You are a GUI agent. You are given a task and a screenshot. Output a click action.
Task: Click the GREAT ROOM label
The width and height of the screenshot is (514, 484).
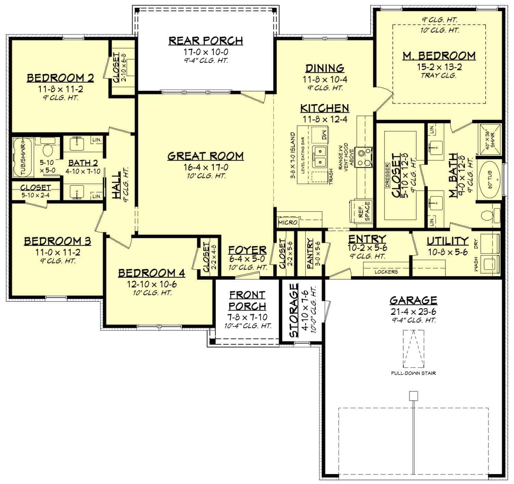click(x=206, y=156)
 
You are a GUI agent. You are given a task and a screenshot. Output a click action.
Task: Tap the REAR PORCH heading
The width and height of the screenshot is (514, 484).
click(x=206, y=40)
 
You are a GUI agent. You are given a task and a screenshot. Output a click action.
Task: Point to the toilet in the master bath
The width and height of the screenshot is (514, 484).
click(x=487, y=216)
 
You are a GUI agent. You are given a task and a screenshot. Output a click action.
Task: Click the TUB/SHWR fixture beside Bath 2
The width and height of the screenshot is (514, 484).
click(x=23, y=157)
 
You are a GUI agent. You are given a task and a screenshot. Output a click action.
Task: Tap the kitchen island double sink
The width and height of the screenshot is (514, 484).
click(x=321, y=156)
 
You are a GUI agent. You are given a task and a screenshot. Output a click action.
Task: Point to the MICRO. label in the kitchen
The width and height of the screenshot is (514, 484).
click(x=288, y=222)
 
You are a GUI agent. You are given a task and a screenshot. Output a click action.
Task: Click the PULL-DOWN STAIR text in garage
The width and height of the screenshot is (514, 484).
click(x=413, y=373)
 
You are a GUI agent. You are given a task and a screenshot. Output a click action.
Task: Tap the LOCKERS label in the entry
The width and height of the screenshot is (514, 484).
click(x=386, y=272)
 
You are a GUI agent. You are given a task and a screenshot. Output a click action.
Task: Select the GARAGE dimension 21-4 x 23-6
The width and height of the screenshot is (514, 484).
click(x=413, y=312)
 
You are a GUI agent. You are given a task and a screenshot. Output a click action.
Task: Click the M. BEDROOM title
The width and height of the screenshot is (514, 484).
click(x=439, y=55)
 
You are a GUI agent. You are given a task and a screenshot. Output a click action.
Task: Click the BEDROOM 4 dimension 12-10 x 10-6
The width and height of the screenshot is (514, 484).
click(x=151, y=284)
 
